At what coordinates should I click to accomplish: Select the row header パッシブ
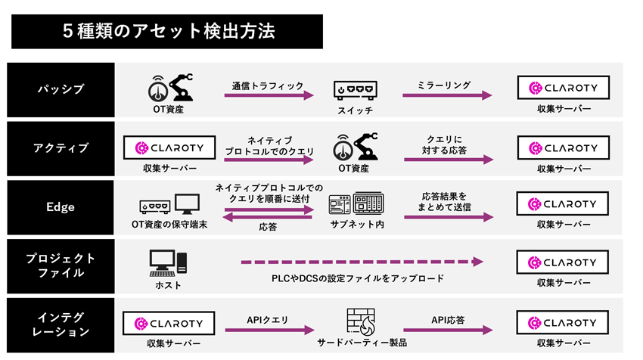point(61,88)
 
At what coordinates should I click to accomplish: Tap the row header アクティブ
point(61,147)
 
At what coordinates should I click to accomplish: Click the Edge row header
point(61,206)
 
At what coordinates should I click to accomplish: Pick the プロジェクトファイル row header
point(61,265)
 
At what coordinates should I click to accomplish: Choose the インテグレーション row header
point(61,324)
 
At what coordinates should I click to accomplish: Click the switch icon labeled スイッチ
point(355,90)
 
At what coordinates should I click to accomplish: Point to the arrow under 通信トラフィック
point(268,97)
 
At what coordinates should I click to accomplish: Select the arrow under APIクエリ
point(268,331)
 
